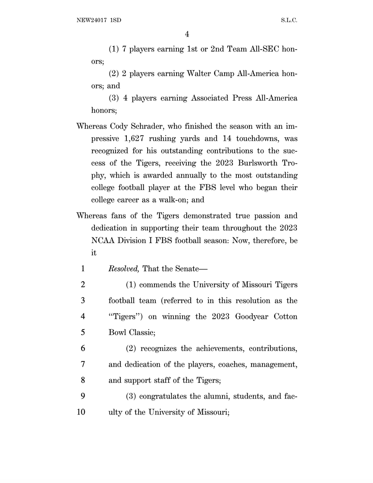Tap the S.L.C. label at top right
(x=289, y=20)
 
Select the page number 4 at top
(x=187, y=35)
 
